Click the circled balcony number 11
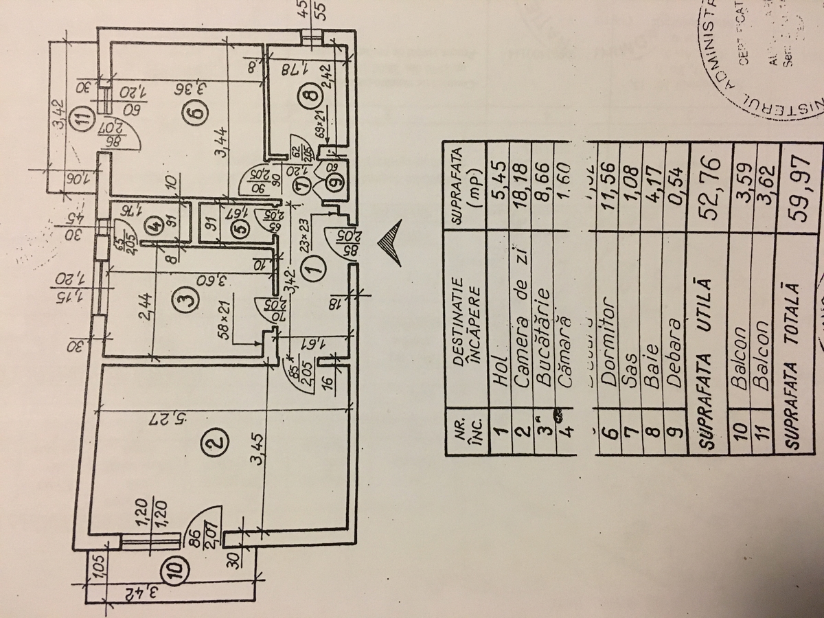83,117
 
